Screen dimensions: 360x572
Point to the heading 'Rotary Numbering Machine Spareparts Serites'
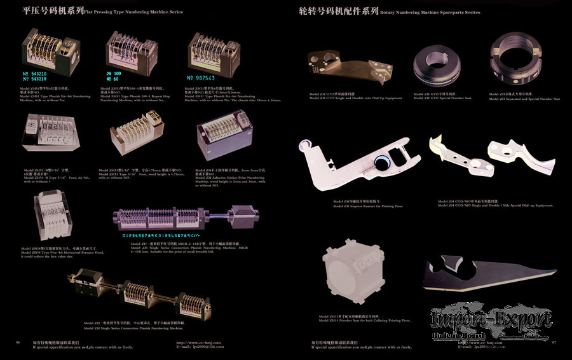tap(434, 11)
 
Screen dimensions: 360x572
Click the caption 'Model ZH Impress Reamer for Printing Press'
tap(359, 206)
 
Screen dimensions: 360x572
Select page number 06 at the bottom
tap(18, 342)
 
